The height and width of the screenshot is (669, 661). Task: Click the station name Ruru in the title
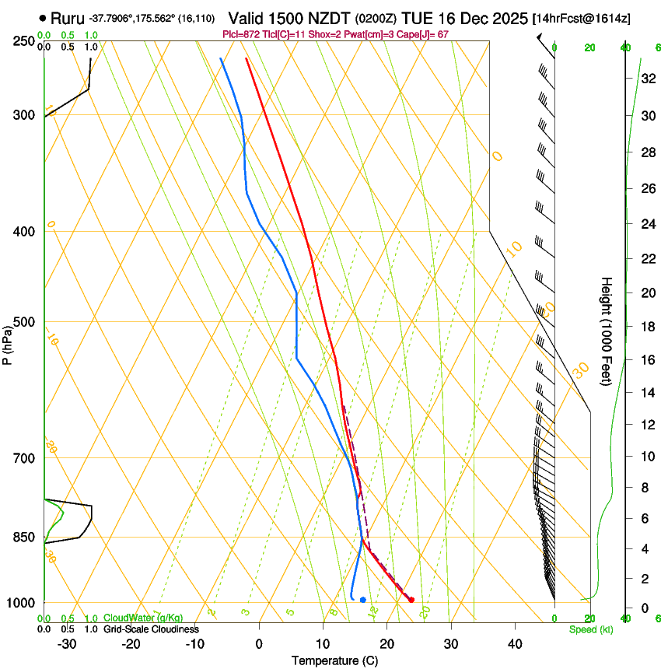(x=67, y=17)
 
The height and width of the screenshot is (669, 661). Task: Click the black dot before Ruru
(x=42, y=17)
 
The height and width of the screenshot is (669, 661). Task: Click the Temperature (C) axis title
(x=334, y=660)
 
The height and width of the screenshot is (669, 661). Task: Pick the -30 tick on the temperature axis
(x=67, y=644)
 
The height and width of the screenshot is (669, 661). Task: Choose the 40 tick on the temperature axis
(x=515, y=644)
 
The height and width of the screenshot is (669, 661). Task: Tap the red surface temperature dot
(x=411, y=599)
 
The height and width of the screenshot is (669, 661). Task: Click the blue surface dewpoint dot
(x=363, y=600)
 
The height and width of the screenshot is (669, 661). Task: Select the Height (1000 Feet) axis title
(x=607, y=331)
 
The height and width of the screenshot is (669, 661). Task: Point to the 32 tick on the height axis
(x=646, y=78)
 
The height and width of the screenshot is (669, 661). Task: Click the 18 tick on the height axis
(x=646, y=327)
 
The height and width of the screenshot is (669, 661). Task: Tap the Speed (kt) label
(x=591, y=629)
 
